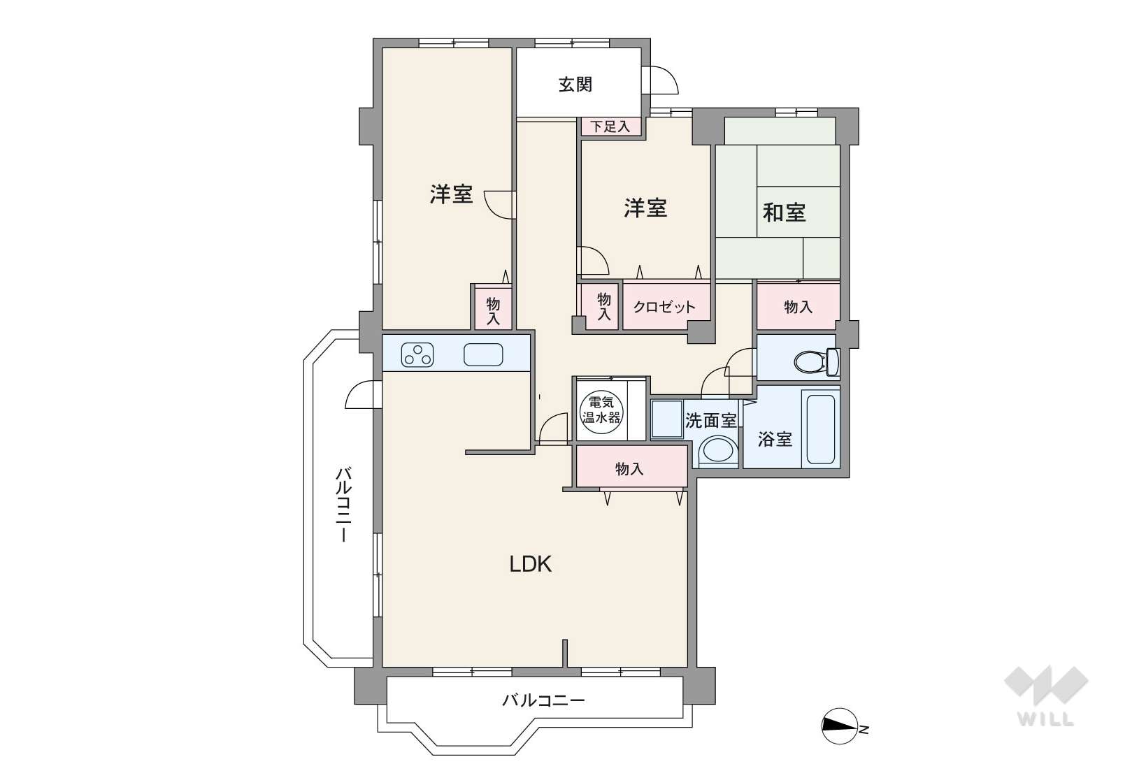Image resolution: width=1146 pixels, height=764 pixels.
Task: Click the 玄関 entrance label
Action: (575, 85)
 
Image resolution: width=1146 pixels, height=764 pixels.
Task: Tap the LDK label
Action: (531, 564)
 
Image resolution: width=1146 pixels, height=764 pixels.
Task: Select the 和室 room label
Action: (784, 212)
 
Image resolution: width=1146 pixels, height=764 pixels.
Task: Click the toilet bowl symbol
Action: (817, 361)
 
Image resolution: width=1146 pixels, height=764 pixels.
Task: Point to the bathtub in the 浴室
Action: (821, 429)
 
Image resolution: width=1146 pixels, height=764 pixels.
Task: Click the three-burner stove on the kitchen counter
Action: (417, 354)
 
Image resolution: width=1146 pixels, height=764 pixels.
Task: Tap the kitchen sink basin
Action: (483, 354)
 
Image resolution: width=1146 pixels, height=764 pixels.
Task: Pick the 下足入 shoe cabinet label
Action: (610, 127)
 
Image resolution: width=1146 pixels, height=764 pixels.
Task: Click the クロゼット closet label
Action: (664, 307)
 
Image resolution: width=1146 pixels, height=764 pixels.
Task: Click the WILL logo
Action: (1046, 695)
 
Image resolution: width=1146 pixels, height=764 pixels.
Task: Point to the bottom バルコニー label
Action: (543, 700)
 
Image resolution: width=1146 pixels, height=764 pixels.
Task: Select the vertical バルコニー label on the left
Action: (343, 504)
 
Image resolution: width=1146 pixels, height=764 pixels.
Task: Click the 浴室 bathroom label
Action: (775, 439)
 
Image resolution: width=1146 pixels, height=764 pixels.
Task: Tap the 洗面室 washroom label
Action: (710, 420)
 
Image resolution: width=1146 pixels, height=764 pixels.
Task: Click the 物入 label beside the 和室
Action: (798, 307)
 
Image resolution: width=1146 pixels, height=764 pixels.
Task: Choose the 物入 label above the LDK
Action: (629, 468)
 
